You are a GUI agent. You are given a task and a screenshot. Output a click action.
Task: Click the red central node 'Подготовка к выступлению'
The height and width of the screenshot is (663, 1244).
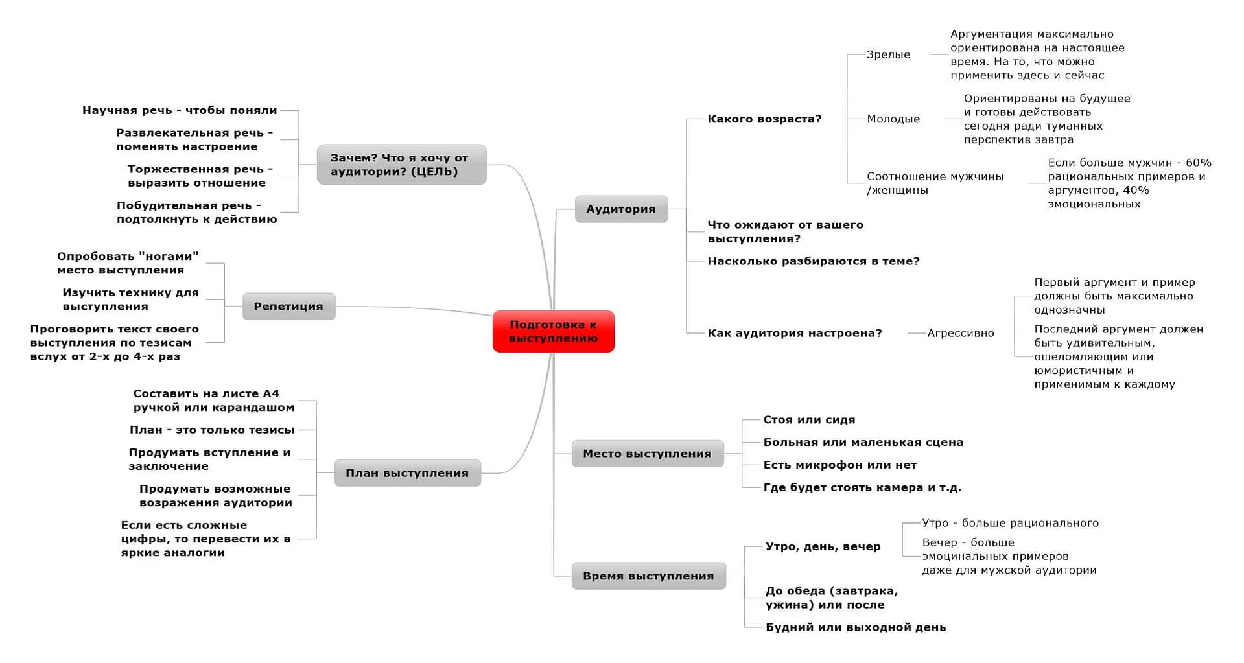[x=553, y=331]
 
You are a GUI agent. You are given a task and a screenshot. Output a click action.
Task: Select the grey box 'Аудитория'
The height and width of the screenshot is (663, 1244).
[x=621, y=209]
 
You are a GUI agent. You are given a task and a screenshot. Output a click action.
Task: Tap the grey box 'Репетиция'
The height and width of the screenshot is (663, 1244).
[x=288, y=306]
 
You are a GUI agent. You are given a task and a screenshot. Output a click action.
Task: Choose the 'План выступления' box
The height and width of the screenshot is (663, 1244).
[x=407, y=472]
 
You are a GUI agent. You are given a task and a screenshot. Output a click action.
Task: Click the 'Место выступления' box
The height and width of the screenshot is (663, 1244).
[x=647, y=453]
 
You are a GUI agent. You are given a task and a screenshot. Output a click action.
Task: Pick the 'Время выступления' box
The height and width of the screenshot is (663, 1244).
[x=648, y=576]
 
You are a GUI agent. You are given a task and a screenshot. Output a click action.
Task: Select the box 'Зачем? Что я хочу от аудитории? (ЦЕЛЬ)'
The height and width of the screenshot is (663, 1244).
[x=401, y=165]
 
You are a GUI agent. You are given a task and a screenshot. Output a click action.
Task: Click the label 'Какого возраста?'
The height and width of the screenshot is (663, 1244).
[x=764, y=119]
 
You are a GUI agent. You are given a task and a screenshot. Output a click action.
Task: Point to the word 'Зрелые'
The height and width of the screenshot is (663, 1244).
[x=888, y=54]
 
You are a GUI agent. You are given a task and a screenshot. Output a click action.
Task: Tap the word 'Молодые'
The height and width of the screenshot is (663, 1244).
[x=893, y=119]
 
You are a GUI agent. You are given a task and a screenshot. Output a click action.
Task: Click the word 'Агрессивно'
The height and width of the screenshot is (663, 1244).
[x=960, y=332]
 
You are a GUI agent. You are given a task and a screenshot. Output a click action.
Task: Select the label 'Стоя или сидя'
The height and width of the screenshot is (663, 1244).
[x=809, y=419]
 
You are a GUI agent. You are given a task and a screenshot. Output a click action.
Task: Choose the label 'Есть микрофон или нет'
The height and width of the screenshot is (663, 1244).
[x=839, y=465]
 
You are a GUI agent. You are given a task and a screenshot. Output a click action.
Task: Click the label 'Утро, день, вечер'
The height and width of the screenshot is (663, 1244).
[x=823, y=546]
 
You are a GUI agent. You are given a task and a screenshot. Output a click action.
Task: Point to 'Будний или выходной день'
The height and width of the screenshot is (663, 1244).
[x=856, y=627]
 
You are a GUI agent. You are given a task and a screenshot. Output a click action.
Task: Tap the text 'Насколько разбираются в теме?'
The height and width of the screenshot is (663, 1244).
[x=814, y=261]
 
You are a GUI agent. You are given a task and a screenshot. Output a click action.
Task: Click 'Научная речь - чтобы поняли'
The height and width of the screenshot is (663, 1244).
[x=180, y=110]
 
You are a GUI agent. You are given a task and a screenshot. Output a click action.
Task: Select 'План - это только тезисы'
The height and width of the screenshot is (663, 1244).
[x=212, y=430]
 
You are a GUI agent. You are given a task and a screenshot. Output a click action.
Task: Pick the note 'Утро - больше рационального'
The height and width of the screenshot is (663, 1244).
[x=1010, y=522]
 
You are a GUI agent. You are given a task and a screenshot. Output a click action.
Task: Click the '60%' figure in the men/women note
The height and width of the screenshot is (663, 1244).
[x=1198, y=163]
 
